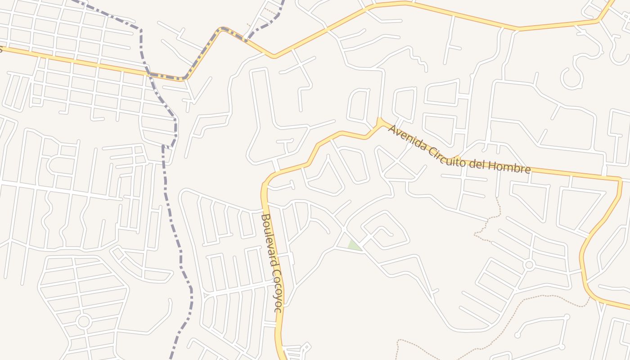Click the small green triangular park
(354, 245)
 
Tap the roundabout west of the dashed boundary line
(83, 321)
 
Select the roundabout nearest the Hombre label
(530, 265)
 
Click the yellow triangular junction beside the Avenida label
(381, 122)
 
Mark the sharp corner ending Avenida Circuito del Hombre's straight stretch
(620, 180)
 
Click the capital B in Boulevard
(265, 217)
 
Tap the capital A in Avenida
(391, 130)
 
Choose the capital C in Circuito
(428, 150)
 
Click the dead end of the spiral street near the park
(391, 234)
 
